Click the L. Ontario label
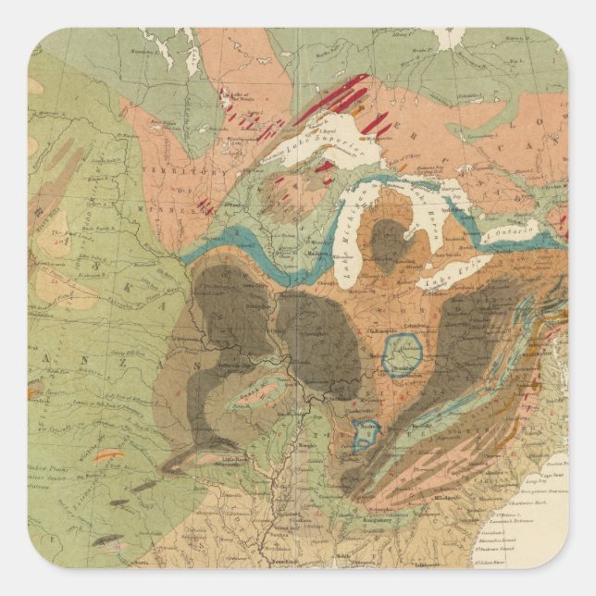pyautogui.click(x=515, y=228)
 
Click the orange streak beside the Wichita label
pyautogui.click(x=108, y=454)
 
